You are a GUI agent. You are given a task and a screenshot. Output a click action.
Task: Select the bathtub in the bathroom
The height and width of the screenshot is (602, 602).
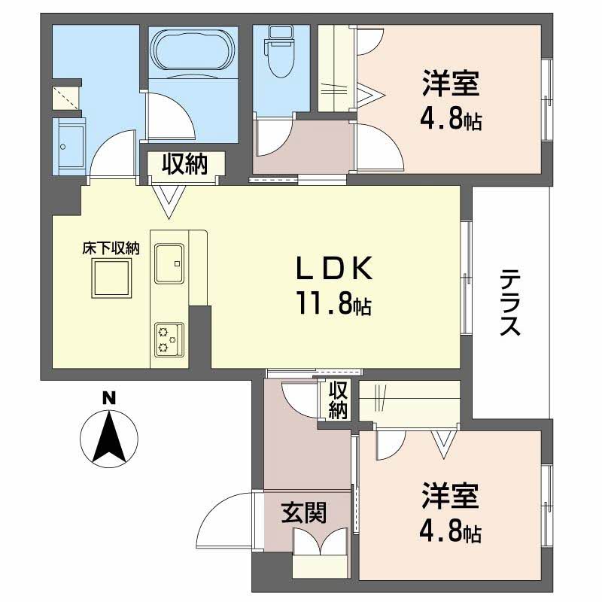(x=192, y=53)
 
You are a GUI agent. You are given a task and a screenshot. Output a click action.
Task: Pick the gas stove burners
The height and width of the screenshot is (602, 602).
(x=168, y=339)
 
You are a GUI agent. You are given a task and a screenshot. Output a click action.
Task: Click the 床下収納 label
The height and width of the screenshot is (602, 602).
(x=111, y=248)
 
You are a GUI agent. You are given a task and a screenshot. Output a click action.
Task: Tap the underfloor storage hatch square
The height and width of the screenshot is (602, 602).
(x=111, y=278)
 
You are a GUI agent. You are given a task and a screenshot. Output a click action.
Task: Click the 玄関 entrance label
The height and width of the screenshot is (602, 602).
(x=304, y=513)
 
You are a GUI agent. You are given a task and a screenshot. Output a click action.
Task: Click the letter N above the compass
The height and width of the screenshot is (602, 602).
(x=109, y=398)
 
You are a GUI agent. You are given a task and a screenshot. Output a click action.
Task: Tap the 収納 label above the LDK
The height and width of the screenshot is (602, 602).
(x=183, y=163)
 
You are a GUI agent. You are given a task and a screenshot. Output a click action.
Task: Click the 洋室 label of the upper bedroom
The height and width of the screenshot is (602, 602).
(x=451, y=84)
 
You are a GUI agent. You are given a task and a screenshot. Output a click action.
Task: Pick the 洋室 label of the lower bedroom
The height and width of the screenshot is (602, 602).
(x=451, y=497)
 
